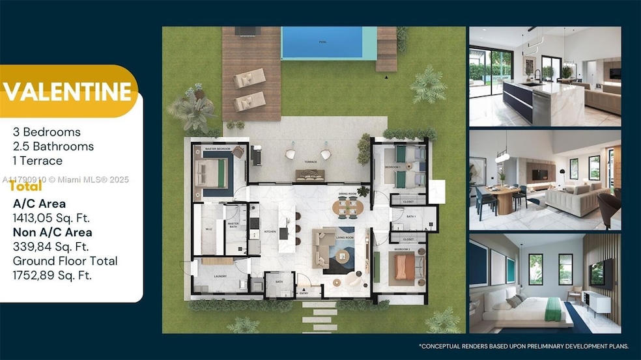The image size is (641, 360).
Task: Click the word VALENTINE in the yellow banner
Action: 68,92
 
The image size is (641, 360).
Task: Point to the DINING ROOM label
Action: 347,194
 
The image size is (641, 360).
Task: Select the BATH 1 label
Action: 410,215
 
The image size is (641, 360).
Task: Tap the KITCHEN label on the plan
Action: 270,232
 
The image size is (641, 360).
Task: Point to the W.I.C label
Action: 209,228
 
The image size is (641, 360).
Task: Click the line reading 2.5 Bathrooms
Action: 53,146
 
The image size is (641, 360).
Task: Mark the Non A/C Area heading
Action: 52,232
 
